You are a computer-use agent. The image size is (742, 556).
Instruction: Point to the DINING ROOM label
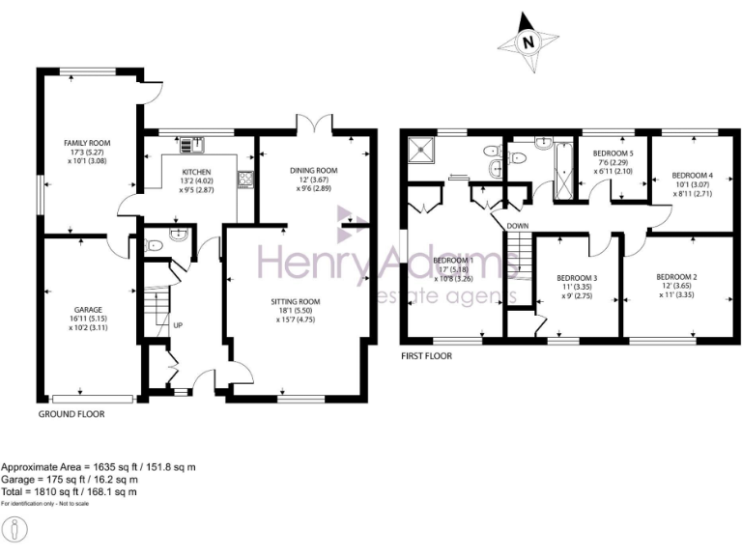pyautogui.click(x=314, y=171)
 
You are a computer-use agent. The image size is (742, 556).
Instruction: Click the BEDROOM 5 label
pyautogui.click(x=613, y=153)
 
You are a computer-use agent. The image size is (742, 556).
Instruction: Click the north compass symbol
pyautogui.click(x=527, y=42)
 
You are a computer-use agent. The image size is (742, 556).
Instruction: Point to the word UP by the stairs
pyautogui.click(x=177, y=325)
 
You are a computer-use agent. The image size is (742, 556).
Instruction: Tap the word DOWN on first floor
pyautogui.click(x=516, y=227)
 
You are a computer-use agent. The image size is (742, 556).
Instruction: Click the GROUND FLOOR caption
pyautogui.click(x=71, y=413)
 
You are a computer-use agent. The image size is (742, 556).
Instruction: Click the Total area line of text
pyautogui.click(x=70, y=491)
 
